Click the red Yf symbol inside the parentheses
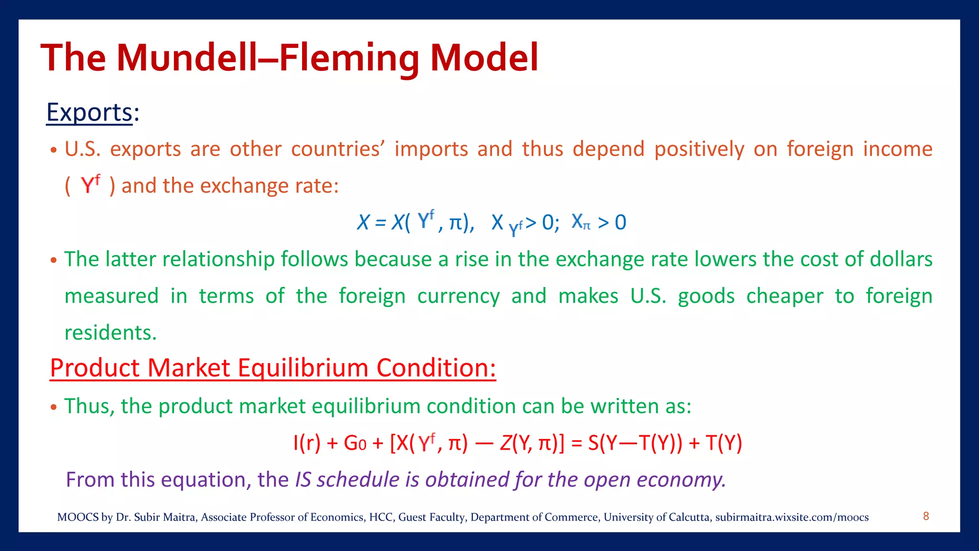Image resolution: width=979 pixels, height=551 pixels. tap(90, 184)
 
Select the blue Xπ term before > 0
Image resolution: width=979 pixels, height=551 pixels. tap(581, 222)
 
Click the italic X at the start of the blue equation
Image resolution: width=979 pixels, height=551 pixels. tap(363, 222)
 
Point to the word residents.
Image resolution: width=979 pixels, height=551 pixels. tap(110, 332)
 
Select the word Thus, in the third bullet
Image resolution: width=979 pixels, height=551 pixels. tap(89, 406)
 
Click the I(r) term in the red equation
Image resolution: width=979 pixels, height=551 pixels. tap(306, 443)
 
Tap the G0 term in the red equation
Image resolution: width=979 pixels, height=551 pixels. tap(355, 443)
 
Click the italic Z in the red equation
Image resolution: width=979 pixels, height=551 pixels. tap(505, 443)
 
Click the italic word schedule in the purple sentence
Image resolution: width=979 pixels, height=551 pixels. tap(358, 479)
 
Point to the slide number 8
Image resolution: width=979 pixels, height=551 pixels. tap(926, 516)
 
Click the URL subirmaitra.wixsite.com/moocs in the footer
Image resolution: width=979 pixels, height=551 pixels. tap(792, 517)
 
